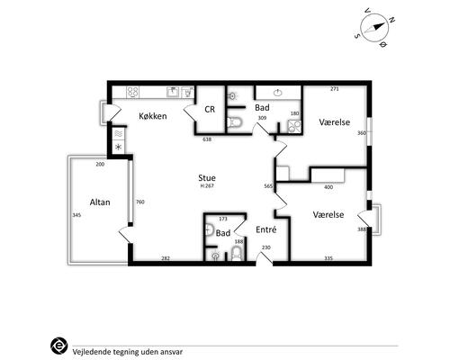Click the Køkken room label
(153, 116)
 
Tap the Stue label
(207, 177)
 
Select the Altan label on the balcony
(100, 202)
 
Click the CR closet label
(210, 109)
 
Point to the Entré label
(266, 229)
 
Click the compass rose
(374, 28)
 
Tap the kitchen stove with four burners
(132, 92)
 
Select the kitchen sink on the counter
(173, 92)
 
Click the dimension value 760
(140, 202)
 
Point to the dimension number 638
(207, 139)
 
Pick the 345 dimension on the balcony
(76, 215)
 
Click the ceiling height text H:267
(207, 185)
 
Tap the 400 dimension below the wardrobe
(328, 187)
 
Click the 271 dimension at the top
(335, 89)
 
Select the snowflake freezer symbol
(119, 147)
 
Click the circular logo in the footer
(59, 346)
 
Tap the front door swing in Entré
(265, 259)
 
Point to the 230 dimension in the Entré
(266, 247)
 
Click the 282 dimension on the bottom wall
(166, 258)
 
